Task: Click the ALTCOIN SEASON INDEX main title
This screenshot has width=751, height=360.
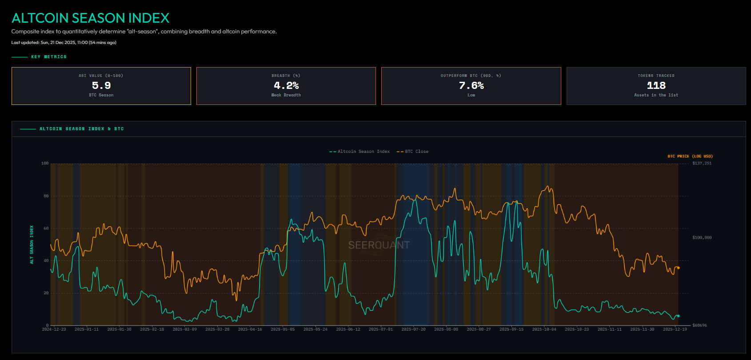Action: pos(90,18)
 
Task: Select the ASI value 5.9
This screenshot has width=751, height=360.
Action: pos(101,85)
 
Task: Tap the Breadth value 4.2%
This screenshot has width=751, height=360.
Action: pos(286,85)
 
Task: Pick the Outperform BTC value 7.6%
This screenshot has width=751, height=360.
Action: pos(471,85)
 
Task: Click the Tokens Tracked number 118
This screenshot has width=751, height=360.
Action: pos(656,85)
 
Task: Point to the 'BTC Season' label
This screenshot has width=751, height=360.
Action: pos(101,95)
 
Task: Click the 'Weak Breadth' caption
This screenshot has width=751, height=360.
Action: pos(286,95)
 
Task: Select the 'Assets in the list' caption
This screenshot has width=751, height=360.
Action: pos(656,95)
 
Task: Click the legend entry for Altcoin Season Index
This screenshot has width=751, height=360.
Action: pos(360,152)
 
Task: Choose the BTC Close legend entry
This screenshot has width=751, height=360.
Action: pos(413,152)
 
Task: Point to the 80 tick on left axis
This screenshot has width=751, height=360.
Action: pos(46,196)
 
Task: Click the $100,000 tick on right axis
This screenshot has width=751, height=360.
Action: pos(702,238)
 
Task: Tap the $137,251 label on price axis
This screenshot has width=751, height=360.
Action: pos(702,164)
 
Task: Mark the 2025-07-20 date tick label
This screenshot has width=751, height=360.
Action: pos(413,329)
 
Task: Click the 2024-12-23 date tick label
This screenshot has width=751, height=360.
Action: pos(54,329)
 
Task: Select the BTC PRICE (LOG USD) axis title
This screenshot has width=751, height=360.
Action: pos(690,156)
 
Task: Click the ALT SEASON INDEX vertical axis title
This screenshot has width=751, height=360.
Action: pos(32,244)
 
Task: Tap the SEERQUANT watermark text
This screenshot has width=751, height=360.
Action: pos(379,245)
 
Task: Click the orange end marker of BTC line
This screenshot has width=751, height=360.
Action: pos(678,268)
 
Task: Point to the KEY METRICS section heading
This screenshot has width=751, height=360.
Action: pos(49,57)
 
